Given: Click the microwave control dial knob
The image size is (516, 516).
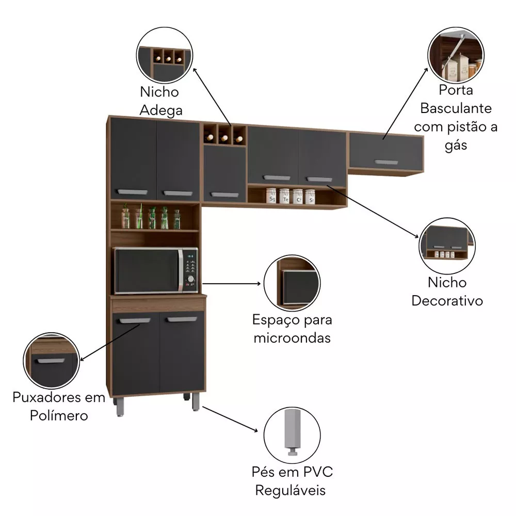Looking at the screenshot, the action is (190, 279).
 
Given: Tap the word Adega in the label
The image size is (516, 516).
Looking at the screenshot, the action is (161, 110).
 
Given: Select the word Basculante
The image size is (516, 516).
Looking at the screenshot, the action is (456, 108).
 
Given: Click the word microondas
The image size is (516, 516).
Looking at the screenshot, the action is (292, 338).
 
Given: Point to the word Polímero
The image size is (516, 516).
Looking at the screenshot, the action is (59, 415).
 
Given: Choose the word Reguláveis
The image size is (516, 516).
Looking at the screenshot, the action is (291, 491).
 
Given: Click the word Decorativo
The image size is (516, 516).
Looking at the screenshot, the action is (447, 301).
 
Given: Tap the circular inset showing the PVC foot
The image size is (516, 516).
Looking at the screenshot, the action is (292, 435).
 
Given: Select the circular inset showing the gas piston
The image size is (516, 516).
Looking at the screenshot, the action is (456, 55).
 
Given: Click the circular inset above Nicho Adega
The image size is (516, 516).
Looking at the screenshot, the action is (165, 55).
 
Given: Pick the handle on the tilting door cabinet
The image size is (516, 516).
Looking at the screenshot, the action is (386, 162).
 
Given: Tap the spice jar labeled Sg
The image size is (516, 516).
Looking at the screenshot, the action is (271, 196).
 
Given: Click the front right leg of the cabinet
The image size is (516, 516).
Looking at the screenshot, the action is (196, 402).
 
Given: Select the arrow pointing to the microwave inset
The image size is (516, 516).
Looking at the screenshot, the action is (231, 283).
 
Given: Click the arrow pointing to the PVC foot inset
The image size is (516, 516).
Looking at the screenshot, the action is (230, 419).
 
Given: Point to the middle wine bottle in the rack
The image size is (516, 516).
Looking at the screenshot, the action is (225, 138).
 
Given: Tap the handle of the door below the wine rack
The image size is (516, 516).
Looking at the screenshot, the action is (224, 195).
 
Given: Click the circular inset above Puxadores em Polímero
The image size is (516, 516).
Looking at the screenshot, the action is (51, 360).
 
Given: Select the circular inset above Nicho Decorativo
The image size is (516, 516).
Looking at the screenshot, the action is (447, 246).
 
